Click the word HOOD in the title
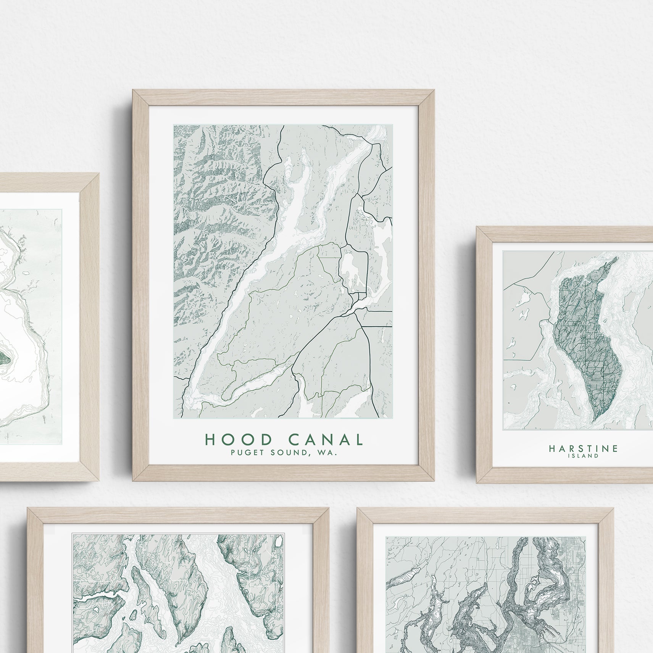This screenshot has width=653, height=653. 239,440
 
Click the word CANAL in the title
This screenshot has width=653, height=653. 325,440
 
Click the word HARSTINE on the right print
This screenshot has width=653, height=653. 583,448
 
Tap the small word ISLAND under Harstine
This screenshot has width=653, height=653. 583,455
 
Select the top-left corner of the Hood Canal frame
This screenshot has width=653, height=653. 133,90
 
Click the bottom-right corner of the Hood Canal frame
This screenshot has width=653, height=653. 434,480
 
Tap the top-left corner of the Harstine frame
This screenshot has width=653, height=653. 477,227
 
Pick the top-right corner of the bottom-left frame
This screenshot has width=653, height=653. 328,508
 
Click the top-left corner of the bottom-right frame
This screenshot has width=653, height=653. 358,508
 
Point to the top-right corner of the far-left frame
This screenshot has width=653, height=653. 98,174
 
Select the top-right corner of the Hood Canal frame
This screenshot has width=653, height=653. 434,90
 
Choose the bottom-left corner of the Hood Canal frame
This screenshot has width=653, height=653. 133,480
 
